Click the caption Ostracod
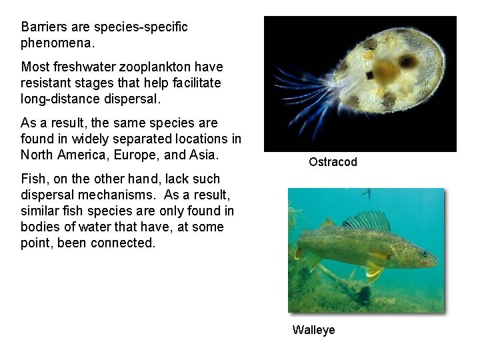click(333, 162)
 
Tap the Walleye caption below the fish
click(313, 330)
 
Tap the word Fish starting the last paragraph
click(33, 179)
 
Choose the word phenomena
click(57, 43)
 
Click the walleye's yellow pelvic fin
click(374, 271)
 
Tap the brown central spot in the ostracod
click(385, 69)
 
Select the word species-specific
click(141, 27)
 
